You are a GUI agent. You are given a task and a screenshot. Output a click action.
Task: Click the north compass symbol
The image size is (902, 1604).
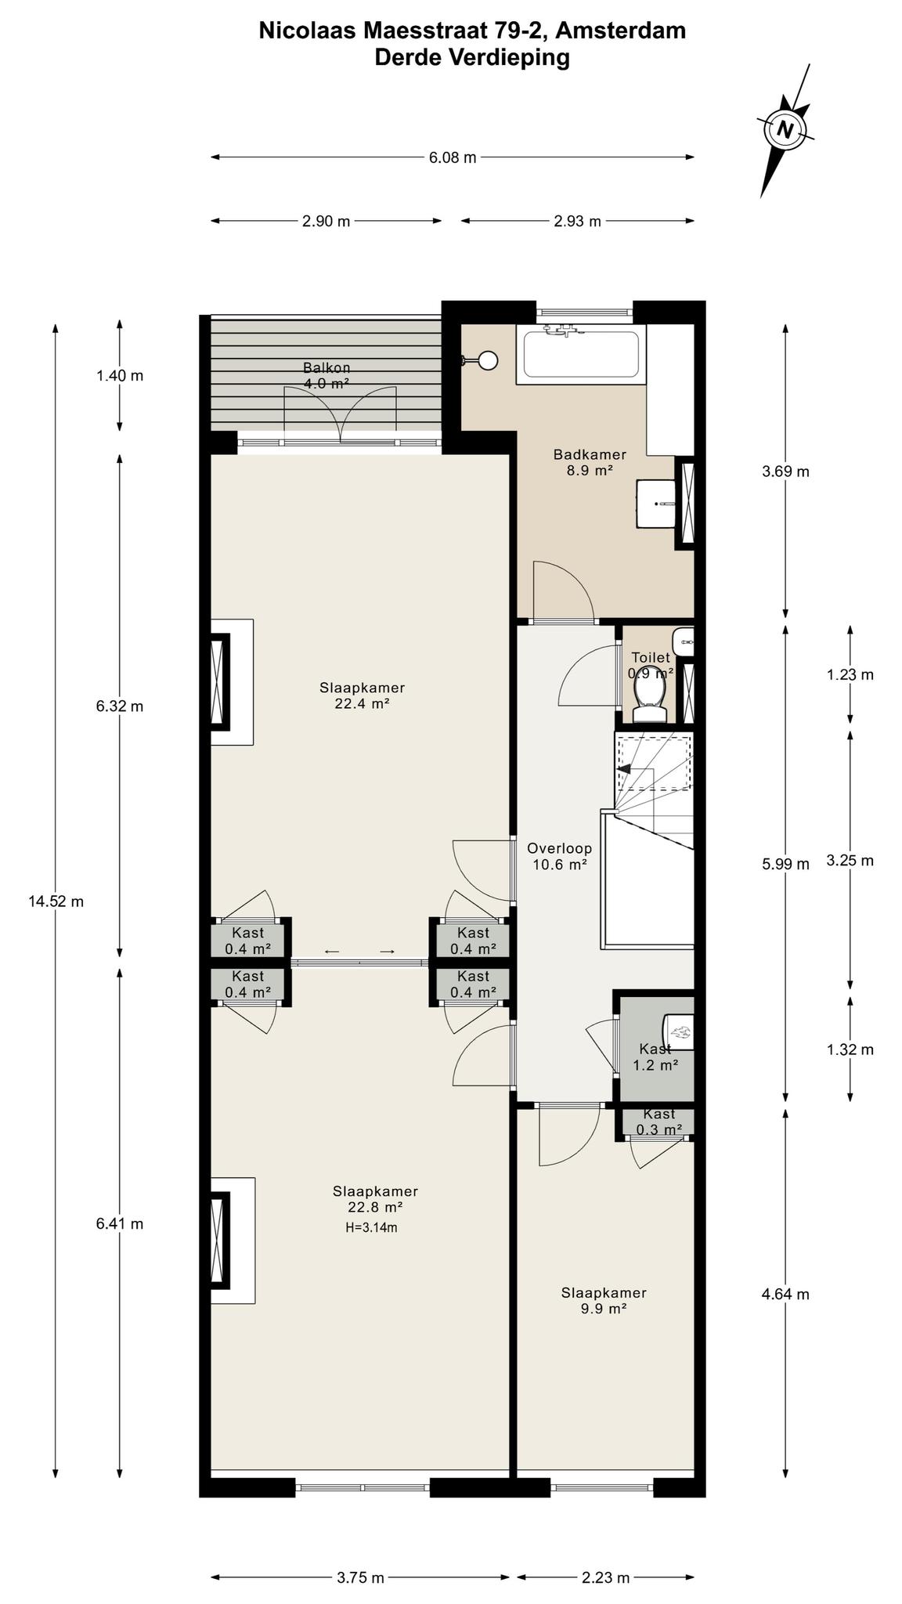(x=785, y=129)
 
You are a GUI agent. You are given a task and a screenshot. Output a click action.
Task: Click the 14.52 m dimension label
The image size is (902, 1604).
(x=56, y=901)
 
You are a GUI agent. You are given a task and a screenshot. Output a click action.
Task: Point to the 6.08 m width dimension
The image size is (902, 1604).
(x=453, y=157)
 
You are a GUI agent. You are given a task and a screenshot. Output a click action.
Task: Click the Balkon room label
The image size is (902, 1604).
(x=327, y=375)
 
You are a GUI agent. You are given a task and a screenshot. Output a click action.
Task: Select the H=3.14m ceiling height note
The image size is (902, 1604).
(x=371, y=1227)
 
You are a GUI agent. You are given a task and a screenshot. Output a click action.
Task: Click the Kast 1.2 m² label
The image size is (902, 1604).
(x=655, y=1057)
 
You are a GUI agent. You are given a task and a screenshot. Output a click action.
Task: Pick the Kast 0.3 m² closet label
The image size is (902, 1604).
(x=659, y=1122)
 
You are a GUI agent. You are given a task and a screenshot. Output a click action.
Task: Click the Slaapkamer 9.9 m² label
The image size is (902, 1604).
(x=604, y=1301)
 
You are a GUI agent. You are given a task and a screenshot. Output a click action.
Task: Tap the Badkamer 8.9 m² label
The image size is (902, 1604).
(x=590, y=462)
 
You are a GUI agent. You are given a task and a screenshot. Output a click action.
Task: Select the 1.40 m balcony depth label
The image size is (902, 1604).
(x=120, y=375)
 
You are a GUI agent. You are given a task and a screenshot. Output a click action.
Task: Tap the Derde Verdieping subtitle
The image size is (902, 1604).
(x=472, y=57)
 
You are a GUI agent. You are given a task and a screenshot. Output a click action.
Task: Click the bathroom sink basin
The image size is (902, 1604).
(x=656, y=504)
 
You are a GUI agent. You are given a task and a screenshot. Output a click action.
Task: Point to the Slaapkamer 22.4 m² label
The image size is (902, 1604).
(x=362, y=695)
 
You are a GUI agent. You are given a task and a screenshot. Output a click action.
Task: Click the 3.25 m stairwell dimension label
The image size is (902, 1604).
(x=850, y=860)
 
